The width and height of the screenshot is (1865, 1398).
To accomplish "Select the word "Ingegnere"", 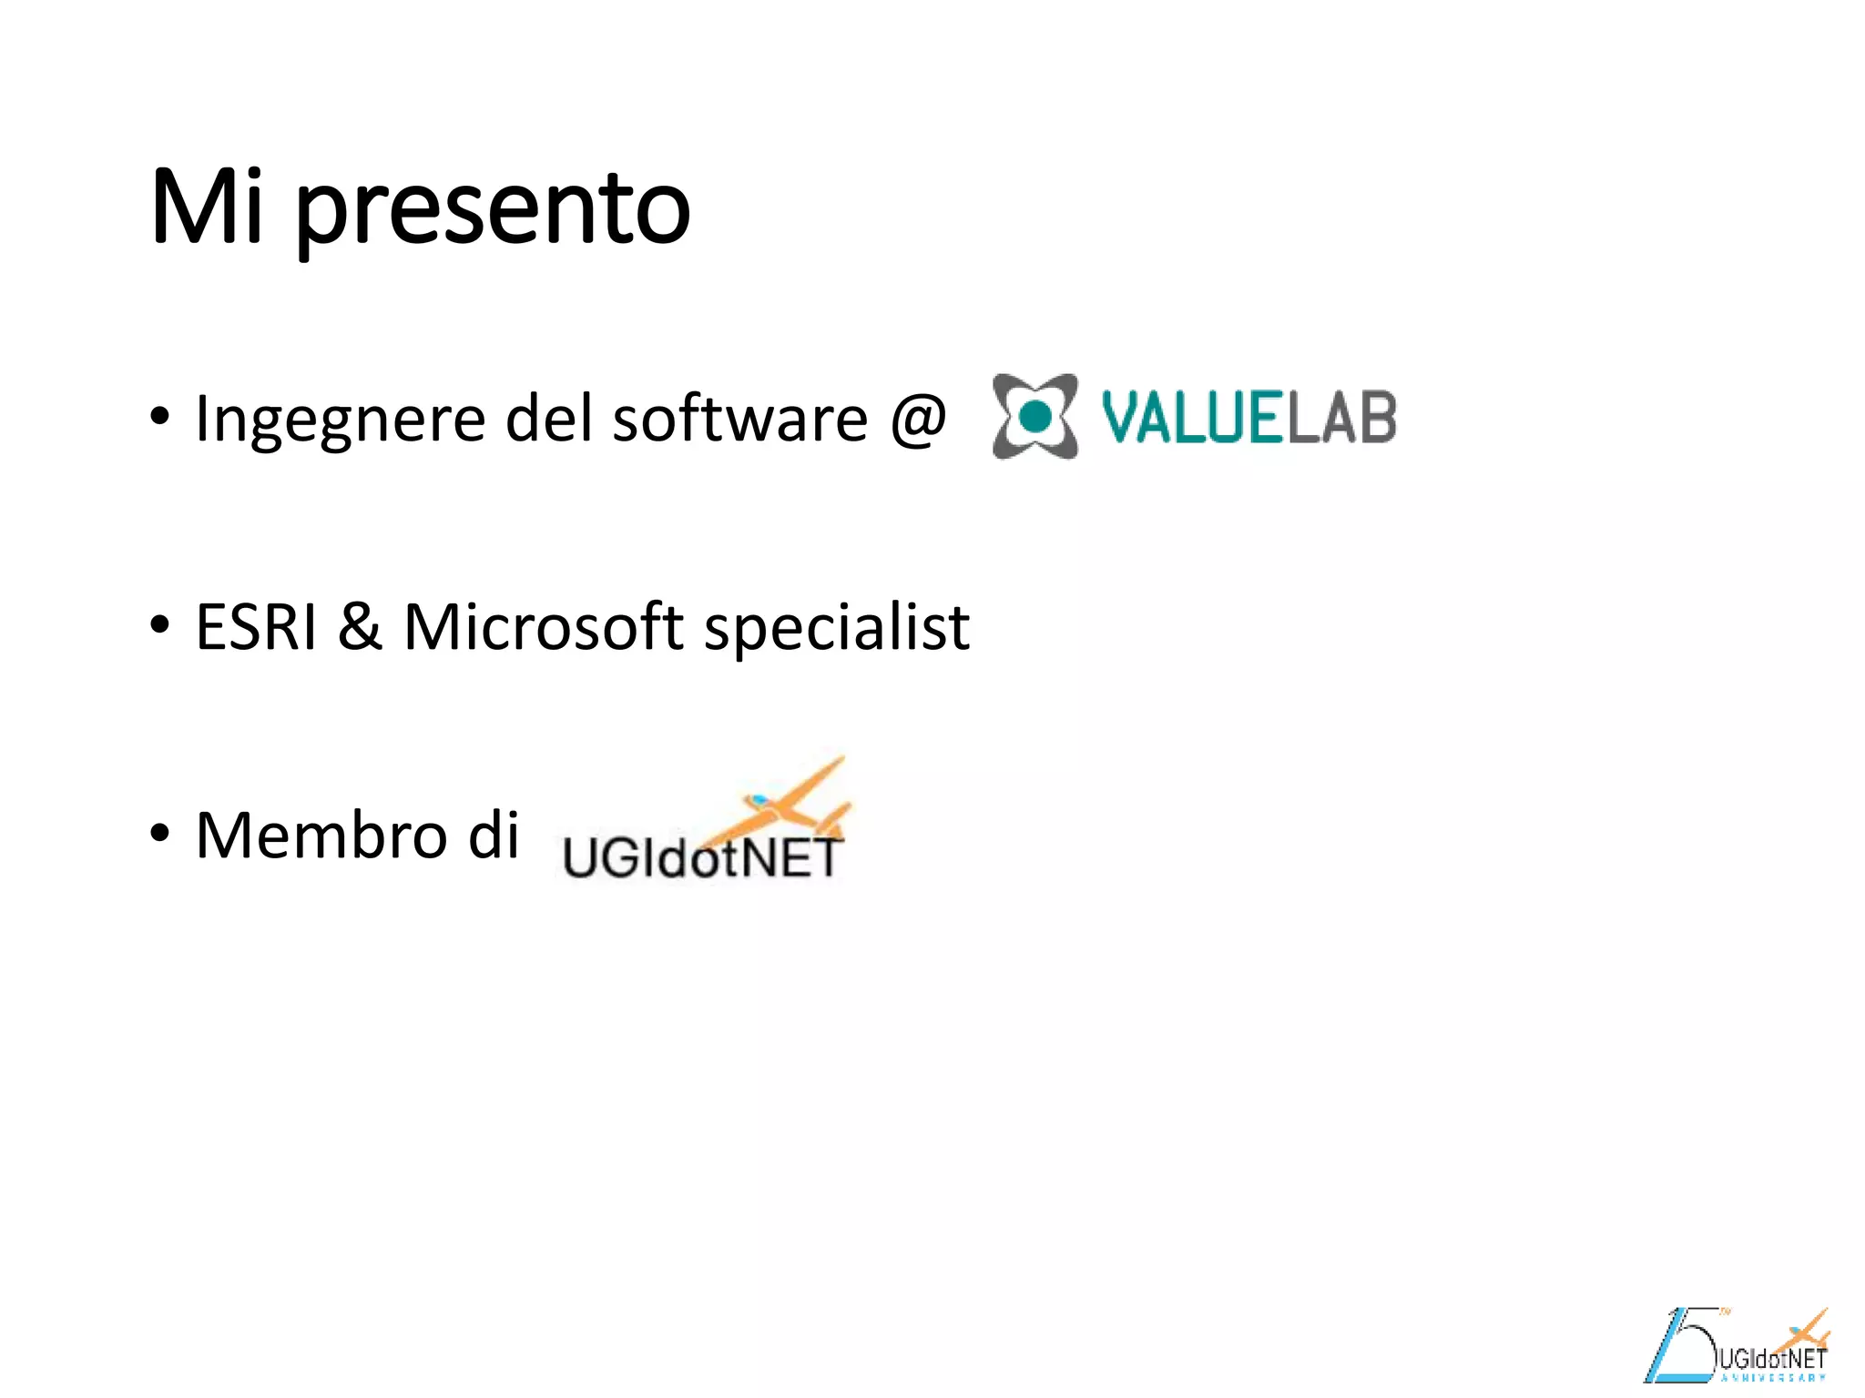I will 340,420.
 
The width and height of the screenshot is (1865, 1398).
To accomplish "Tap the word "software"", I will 739,420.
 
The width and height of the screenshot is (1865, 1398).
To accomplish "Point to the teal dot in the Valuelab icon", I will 1034,417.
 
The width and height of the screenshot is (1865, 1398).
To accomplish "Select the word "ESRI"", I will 256,627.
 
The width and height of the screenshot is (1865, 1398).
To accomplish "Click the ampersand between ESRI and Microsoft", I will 360,627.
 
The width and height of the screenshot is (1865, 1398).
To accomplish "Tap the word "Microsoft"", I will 543,627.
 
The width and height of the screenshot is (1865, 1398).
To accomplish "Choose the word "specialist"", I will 837,629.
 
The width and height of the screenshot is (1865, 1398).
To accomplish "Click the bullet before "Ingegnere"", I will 160,418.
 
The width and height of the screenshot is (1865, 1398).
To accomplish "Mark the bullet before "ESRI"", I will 160,626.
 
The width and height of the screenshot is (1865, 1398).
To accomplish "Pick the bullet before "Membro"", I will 160,834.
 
